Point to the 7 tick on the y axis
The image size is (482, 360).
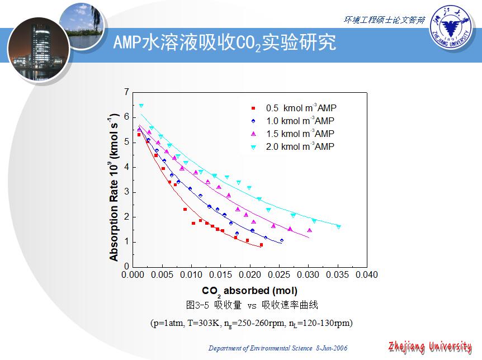coord(126,92)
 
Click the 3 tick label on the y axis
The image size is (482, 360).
coord(126,192)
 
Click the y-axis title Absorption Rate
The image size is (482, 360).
coord(114,187)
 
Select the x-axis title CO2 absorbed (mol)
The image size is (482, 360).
coord(249,291)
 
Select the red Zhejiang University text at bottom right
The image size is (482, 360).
coord(430,347)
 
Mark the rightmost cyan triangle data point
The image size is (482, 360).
coord(338,227)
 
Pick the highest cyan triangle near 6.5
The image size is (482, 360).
coord(141,106)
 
